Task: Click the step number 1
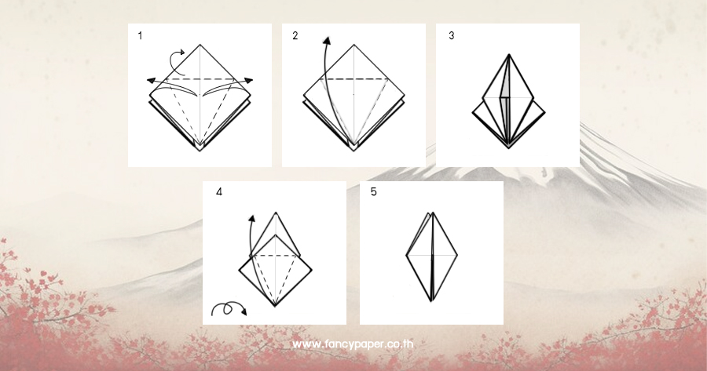(141, 35)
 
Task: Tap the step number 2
(295, 35)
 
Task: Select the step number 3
(452, 35)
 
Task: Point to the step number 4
(219, 192)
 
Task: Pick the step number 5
(373, 192)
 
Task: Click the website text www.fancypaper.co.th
(353, 344)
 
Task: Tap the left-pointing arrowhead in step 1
(151, 81)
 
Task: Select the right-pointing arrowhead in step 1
(249, 81)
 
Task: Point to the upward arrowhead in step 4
(251, 220)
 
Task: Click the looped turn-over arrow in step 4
(229, 308)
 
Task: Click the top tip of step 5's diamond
(432, 213)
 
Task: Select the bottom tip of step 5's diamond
(431, 301)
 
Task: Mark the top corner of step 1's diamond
(200, 45)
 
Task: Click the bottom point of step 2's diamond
(354, 151)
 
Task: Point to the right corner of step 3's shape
(545, 113)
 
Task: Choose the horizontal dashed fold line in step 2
(354, 79)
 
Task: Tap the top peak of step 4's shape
(276, 213)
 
